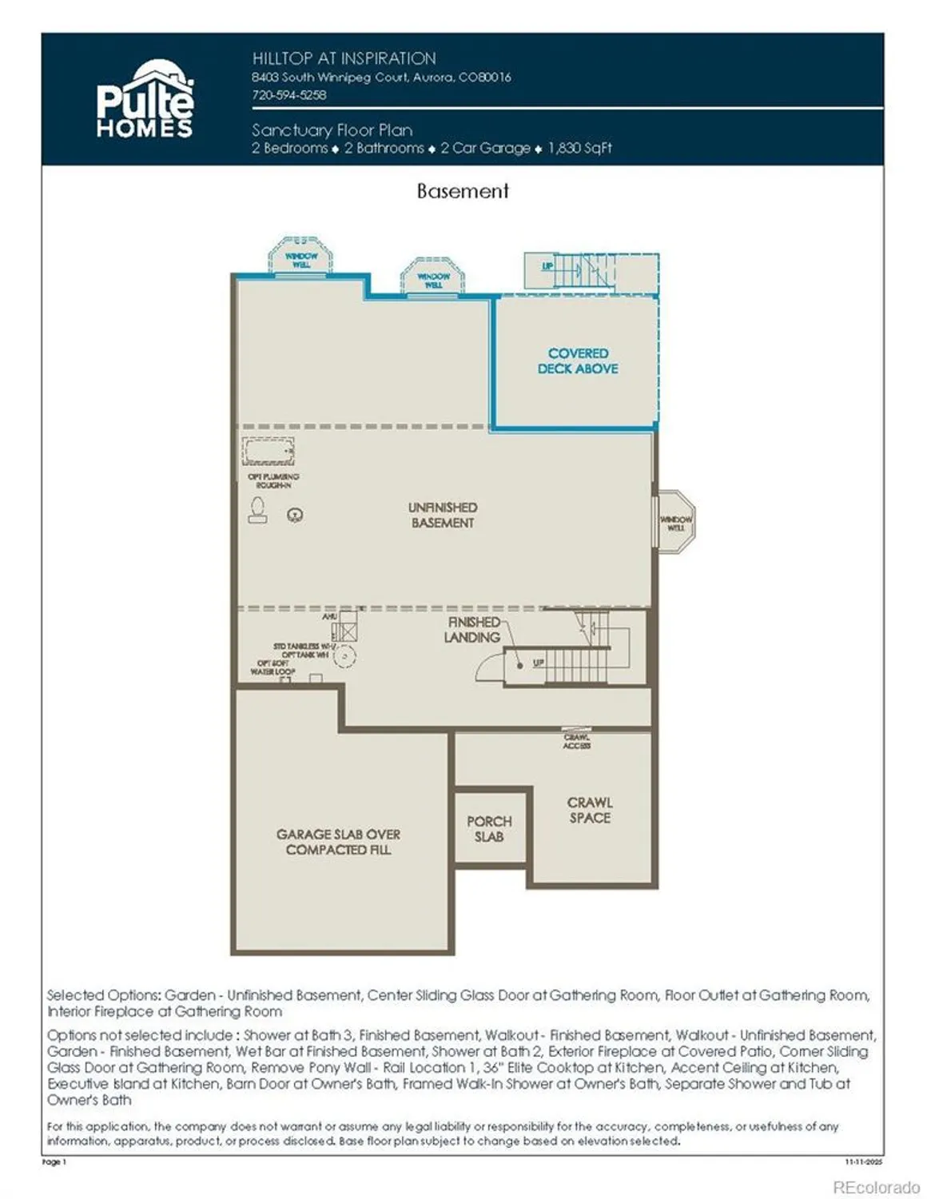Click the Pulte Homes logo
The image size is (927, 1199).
click(145, 100)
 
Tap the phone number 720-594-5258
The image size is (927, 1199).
click(288, 94)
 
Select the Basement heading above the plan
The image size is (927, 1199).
click(462, 191)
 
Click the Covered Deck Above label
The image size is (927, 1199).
click(577, 360)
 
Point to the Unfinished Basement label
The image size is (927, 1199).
click(442, 515)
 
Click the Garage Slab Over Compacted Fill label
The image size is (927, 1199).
click(338, 842)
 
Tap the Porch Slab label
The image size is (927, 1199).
click(489, 829)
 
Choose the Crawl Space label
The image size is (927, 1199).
click(590, 810)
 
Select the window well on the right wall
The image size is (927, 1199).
click(675, 523)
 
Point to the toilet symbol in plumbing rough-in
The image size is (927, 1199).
click(257, 510)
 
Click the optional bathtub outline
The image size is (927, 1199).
click(268, 452)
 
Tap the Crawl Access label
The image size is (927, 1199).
click(576, 741)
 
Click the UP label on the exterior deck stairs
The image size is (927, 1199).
click(547, 265)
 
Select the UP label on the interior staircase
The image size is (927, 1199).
click(539, 663)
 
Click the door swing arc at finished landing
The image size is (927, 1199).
click(489, 668)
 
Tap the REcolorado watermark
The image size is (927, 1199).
click(876, 1187)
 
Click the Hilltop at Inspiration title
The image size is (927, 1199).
click(344, 58)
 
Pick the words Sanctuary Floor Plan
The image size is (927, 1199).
click(332, 129)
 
